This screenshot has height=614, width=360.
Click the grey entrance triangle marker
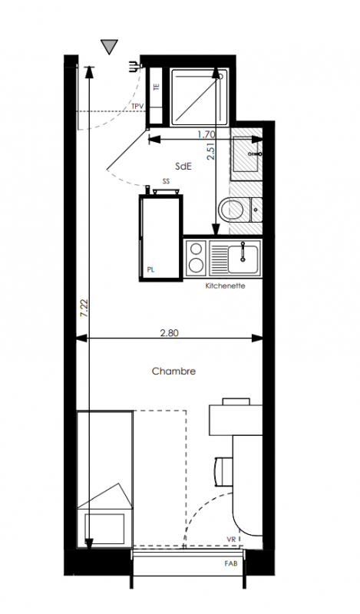[x=109, y=46]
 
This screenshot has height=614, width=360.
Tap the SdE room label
[x=183, y=167]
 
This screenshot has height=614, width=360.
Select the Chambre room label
[x=173, y=371]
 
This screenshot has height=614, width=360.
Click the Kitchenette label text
[x=225, y=286]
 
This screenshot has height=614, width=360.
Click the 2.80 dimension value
[x=169, y=333]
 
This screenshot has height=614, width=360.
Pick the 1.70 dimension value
[x=206, y=135]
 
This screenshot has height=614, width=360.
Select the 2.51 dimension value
[x=211, y=150]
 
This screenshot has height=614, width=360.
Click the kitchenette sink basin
[x=243, y=259]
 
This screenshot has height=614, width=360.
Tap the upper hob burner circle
[x=196, y=249]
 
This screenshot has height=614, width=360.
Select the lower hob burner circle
[x=196, y=266]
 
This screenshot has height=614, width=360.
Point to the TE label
[x=157, y=87]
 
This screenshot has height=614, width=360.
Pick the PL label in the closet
[x=150, y=270]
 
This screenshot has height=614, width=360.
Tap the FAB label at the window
[x=231, y=564]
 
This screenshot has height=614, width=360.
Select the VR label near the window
[x=231, y=540]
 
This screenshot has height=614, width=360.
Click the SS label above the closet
[x=166, y=181]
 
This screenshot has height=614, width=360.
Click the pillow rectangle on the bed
[x=104, y=529]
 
